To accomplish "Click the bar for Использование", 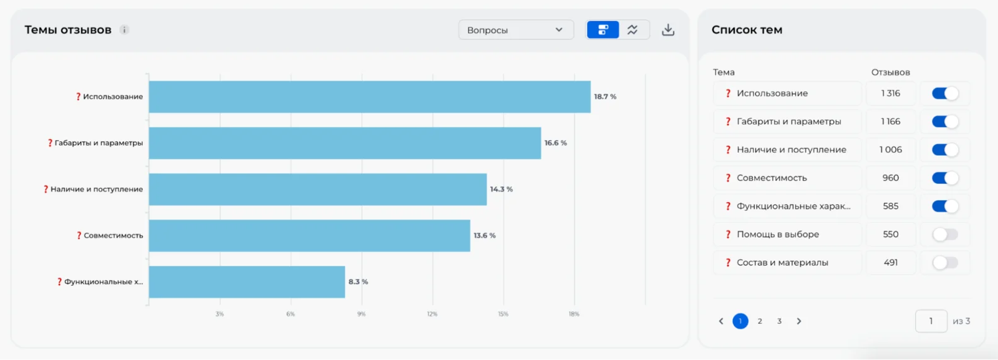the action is coord(370,97).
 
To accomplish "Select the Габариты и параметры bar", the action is coord(345,143).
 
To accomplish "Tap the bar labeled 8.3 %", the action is coord(247,282).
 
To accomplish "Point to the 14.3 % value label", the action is coord(501,189).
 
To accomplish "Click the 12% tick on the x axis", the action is coord(432,314).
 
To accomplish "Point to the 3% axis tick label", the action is coord(220,314).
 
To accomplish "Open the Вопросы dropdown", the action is coord(516,30).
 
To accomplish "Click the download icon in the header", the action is coord(668,30).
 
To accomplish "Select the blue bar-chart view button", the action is coord(603,30).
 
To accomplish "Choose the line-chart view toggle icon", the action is coord(632,30).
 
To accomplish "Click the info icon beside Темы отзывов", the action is coord(124,30).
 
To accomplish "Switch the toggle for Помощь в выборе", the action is coord(945,235).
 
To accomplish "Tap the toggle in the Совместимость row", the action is coord(945,178).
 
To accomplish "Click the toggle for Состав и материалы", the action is coord(945,263).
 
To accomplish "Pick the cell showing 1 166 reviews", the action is coord(891,122).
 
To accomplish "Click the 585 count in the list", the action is coord(891,207).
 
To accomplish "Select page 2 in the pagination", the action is coord(760,321).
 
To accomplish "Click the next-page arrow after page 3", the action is coord(799,321).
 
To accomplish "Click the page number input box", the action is coord(931,321).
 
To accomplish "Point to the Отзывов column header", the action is coord(891,72).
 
